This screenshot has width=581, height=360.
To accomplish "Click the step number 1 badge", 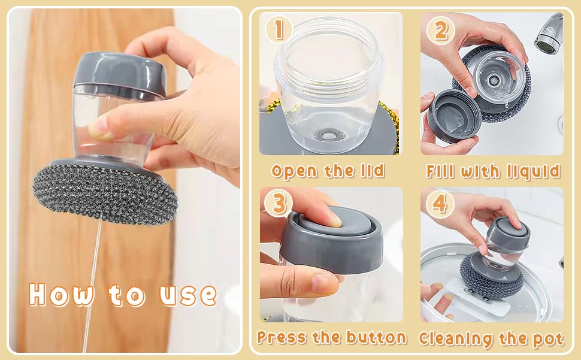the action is point(279,29).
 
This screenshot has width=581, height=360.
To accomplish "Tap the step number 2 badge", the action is point(441,31).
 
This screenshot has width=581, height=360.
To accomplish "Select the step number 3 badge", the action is point(279,203).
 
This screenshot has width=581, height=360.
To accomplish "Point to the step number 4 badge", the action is point(440,204).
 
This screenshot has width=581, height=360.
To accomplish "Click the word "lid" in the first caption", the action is point(373,170).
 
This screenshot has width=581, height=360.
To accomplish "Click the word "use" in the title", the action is point(188,295).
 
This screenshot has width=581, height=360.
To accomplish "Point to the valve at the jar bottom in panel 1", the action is point(328,135).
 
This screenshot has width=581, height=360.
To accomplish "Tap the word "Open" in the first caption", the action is point(295,171).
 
